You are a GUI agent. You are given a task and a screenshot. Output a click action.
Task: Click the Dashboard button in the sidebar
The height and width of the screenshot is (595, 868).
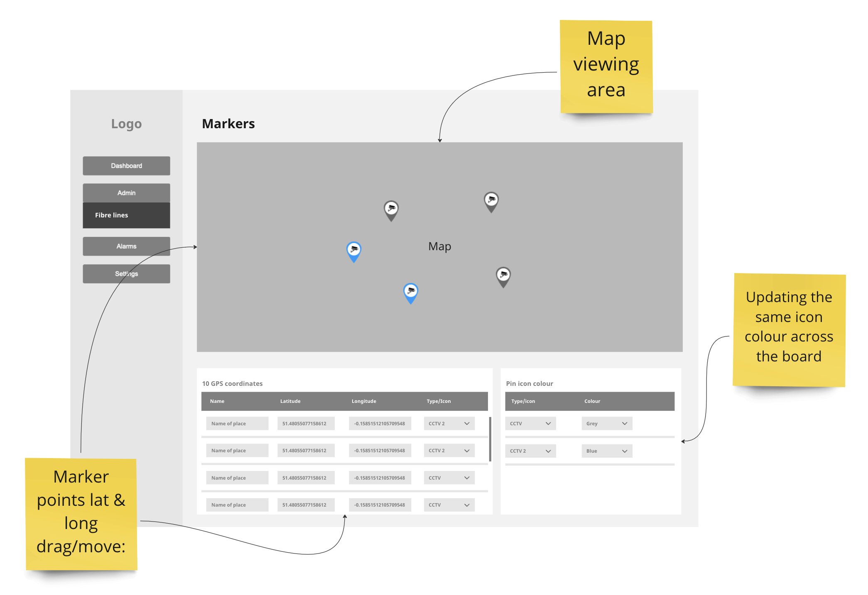pos(126,166)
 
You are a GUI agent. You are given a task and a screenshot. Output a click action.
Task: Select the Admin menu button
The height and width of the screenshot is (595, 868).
pos(126,193)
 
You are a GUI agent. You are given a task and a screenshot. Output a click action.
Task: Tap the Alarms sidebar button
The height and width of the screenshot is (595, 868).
pos(126,246)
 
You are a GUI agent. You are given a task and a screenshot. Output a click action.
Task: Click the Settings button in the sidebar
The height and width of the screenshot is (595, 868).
pos(126,274)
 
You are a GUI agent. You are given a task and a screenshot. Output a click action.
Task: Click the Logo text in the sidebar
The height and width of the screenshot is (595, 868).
pos(126,124)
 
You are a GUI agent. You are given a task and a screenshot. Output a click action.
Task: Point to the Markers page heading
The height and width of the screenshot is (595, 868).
pos(228,124)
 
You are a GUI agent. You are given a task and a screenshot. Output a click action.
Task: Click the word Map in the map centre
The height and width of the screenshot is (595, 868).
pos(439,246)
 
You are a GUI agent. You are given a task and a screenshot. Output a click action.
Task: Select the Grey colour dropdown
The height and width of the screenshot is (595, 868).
pos(606,424)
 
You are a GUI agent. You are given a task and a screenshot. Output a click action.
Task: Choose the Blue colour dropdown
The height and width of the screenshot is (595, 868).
pos(606,451)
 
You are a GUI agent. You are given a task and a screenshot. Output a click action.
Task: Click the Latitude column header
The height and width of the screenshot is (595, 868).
pos(290,401)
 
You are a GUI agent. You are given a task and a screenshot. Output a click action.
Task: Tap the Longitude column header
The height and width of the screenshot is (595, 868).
pos(363,401)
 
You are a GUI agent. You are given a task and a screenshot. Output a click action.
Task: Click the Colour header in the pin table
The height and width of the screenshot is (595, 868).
pos(592,401)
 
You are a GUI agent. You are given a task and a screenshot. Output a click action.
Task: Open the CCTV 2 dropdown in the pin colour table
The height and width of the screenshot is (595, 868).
pos(530,451)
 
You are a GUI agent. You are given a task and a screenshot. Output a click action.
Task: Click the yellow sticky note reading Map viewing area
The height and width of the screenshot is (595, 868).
pos(606,66)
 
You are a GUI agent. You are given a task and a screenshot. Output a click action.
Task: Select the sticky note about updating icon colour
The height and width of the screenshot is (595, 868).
pos(789,330)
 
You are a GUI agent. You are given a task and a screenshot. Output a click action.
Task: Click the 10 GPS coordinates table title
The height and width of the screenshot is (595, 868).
pos(232,384)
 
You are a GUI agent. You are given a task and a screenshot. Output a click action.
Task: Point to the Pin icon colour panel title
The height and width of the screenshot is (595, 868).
pos(529,384)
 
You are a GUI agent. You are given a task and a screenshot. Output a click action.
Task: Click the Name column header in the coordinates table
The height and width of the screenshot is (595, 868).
pos(217,401)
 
